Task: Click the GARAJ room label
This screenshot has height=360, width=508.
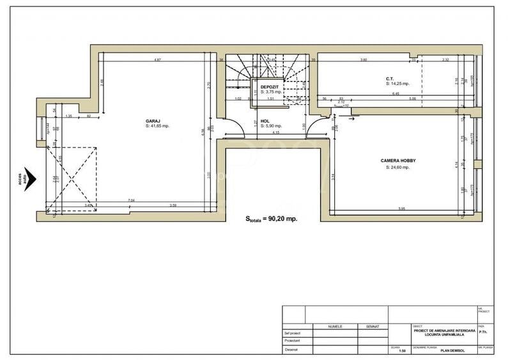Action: [151, 121]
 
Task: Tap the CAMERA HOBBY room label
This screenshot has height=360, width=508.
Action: [398, 161]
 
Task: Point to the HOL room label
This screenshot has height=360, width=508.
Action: [265, 121]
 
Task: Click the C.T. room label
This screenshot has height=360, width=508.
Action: [389, 78]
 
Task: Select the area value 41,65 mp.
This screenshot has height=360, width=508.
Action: [157, 126]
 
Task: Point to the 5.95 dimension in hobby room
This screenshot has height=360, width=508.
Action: [401, 209]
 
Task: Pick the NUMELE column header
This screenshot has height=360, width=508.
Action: [335, 326]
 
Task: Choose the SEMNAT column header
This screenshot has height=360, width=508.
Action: [373, 326]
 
